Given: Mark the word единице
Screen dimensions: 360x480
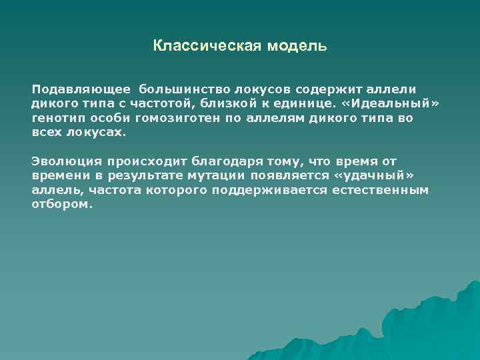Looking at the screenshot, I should coord(309,103).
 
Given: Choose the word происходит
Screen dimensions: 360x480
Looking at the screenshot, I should coord(141,161).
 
